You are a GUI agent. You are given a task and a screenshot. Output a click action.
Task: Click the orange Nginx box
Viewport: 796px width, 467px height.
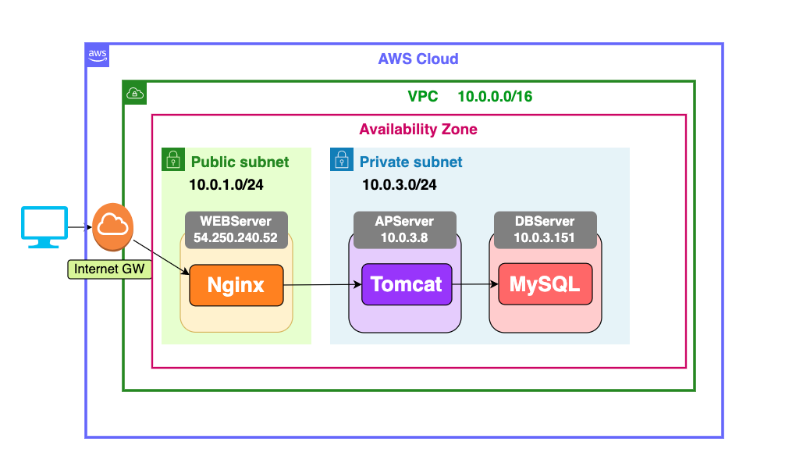point(236,285)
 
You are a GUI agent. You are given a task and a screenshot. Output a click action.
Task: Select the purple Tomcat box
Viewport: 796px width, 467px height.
point(407,284)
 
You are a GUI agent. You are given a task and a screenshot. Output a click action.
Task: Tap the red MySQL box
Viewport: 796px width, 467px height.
point(545,284)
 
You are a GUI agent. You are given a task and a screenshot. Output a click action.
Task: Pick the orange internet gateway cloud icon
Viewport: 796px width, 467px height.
point(112,224)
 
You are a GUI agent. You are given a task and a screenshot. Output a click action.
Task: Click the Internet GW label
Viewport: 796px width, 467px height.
point(109,269)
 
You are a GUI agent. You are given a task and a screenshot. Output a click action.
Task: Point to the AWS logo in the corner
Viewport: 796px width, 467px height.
point(98,55)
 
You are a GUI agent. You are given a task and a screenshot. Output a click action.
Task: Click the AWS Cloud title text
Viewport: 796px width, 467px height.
point(418,59)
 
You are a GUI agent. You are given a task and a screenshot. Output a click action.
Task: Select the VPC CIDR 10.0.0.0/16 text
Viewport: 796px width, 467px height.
point(495,97)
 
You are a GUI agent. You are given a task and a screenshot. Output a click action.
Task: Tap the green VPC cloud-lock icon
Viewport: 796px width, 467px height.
point(135,92)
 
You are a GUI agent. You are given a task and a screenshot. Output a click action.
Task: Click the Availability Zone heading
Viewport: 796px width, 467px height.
point(418,130)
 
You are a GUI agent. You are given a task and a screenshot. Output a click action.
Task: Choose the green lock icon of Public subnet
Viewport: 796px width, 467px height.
point(172,159)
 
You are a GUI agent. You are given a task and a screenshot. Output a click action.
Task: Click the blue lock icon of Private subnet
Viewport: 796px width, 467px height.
point(340,159)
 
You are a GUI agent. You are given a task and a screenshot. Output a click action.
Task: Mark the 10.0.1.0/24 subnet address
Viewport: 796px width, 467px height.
point(226,185)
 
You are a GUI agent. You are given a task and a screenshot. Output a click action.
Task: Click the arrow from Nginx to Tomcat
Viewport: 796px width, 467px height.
point(322,285)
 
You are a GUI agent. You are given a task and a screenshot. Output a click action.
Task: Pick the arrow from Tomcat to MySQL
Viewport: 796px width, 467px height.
point(475,284)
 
